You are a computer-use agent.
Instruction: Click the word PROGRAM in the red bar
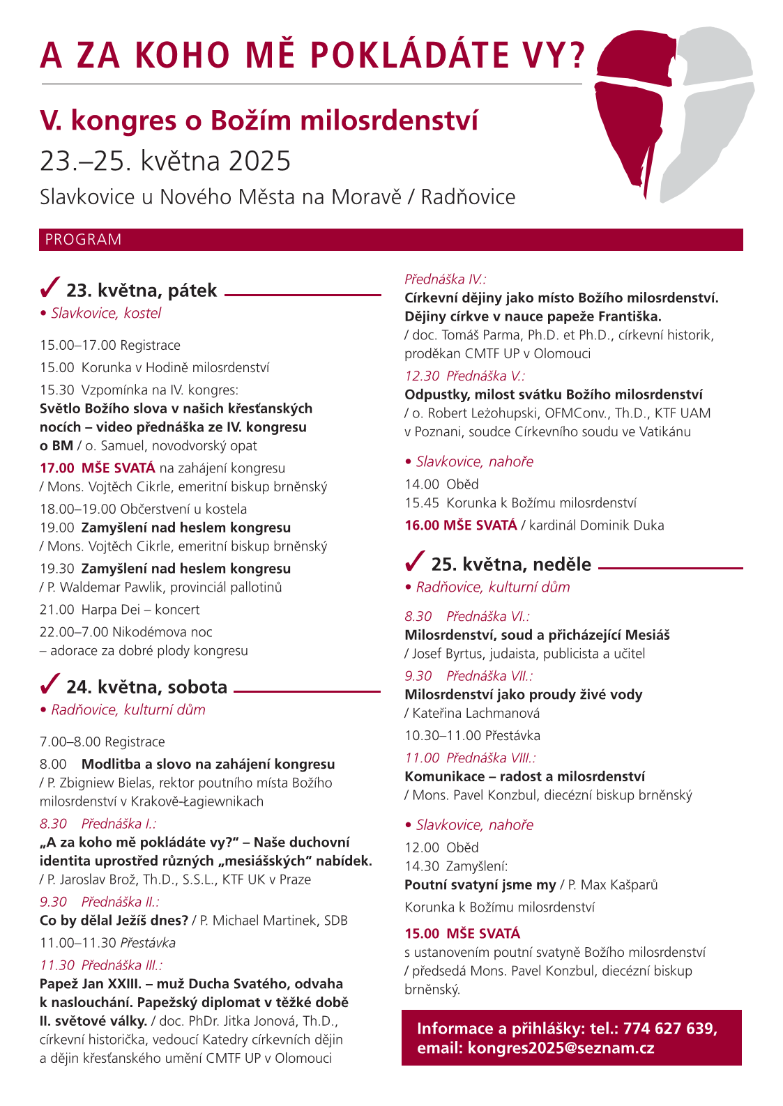83,240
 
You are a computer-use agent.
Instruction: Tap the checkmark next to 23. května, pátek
50,286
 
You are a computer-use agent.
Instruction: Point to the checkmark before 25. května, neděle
415,560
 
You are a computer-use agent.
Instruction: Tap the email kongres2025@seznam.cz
561,1047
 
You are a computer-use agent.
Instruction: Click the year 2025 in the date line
259,161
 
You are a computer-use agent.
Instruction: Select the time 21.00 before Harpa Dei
56,610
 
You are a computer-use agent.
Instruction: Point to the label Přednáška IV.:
446,279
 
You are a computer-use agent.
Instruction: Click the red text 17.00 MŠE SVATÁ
97,468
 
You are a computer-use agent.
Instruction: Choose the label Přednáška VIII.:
491,758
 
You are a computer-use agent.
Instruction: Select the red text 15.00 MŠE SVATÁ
462,934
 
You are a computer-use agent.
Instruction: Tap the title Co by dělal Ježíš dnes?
114,921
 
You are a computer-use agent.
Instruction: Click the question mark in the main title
577,56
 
